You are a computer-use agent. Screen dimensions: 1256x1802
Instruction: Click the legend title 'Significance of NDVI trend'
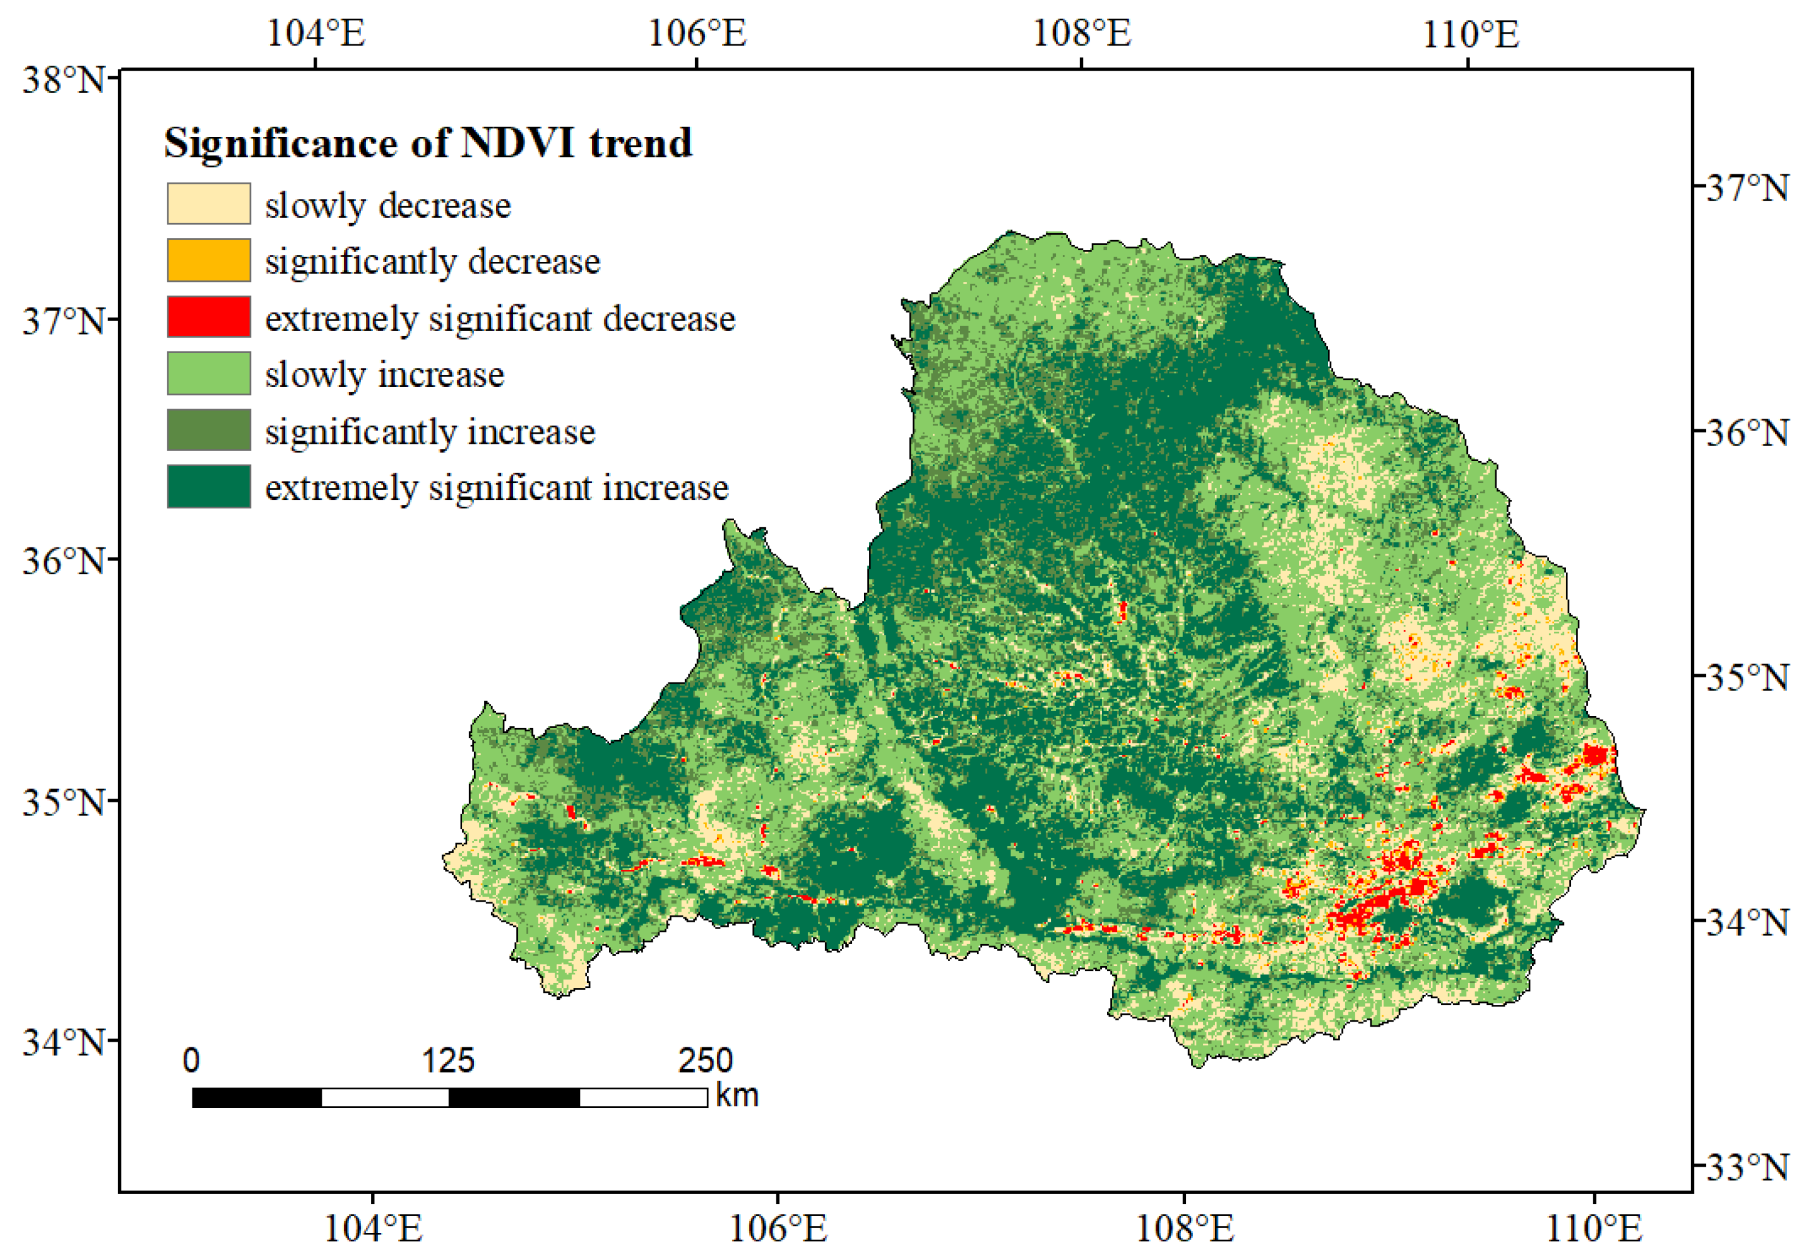point(428,144)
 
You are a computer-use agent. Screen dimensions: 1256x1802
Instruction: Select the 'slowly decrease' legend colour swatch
point(209,204)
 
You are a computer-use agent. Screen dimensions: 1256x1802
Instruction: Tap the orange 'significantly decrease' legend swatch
point(209,261)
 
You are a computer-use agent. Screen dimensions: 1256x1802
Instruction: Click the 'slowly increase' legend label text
point(385,374)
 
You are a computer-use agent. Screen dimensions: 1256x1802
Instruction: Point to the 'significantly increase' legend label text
point(430,432)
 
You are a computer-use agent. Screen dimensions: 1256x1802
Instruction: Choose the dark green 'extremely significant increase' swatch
point(209,487)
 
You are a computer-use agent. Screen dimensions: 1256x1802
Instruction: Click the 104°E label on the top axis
point(316,34)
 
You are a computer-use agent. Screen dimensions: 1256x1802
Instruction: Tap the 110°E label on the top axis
point(1471,34)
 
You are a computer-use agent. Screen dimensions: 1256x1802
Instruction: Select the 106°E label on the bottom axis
point(778,1229)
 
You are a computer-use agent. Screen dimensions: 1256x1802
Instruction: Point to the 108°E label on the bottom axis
point(1184,1229)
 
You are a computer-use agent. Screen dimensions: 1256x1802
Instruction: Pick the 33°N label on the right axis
point(1747,1167)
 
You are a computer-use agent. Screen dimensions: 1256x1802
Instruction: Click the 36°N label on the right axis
point(1747,432)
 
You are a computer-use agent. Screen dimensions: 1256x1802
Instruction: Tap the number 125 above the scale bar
point(448,1061)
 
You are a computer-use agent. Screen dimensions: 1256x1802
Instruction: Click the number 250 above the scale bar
point(706,1061)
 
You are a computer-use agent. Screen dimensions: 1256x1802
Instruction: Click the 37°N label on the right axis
point(1747,189)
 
